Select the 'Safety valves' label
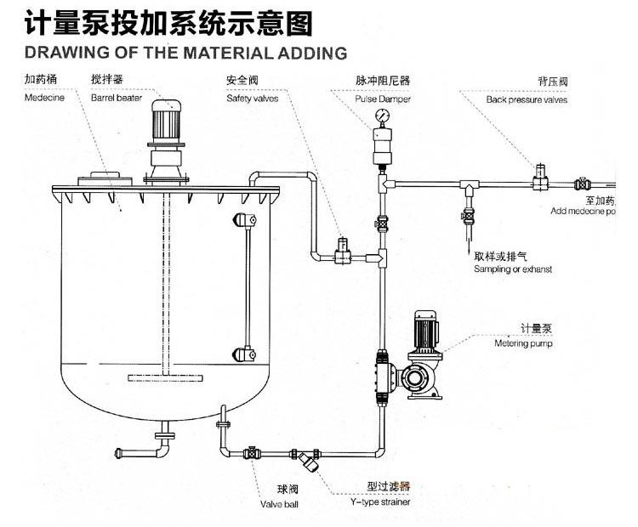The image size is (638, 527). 247,99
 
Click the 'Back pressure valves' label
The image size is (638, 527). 527,99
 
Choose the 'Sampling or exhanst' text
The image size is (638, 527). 513,269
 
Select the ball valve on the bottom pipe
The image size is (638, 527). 252,453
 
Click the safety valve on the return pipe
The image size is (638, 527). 344,249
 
